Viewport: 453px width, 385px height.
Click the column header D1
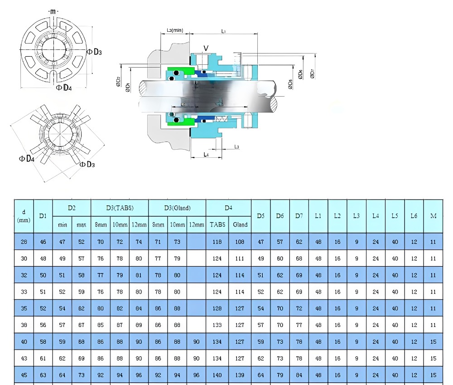(43, 216)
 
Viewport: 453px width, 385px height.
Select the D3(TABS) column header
(120, 208)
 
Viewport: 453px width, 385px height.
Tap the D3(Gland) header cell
(177, 208)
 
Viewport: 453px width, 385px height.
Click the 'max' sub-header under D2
(82, 224)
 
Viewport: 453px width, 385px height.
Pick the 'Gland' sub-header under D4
(240, 224)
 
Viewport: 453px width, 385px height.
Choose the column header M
(433, 216)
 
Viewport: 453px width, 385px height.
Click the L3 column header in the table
(357, 216)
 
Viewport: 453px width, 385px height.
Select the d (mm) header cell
(24, 216)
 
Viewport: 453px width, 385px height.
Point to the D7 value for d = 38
(299, 325)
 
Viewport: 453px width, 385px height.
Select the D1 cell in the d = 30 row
(43, 258)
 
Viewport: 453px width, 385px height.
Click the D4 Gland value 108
(240, 242)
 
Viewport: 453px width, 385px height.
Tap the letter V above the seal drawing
(206, 48)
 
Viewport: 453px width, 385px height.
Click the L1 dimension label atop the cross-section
(224, 31)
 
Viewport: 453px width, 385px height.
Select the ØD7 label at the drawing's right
(312, 73)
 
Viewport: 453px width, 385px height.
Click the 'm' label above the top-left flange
(53, 11)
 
